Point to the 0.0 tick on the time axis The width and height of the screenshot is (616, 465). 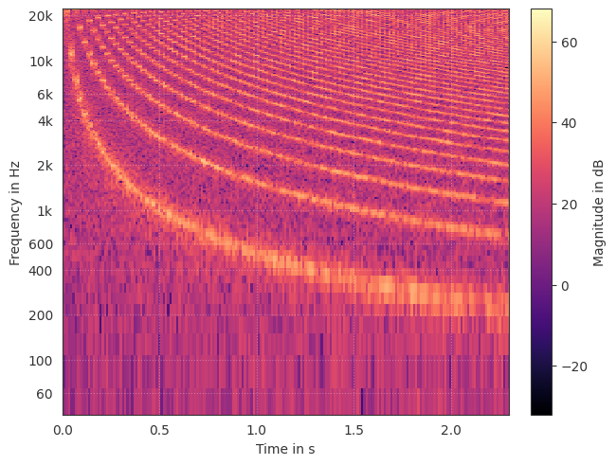pyautogui.click(x=63, y=430)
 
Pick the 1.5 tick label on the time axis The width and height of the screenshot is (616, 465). pyautogui.click(x=354, y=430)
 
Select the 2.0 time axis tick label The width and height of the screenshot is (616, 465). pyautogui.click(x=451, y=430)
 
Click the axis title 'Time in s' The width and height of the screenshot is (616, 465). pyautogui.click(x=285, y=449)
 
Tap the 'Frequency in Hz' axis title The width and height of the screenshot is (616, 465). pyautogui.click(x=15, y=212)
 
